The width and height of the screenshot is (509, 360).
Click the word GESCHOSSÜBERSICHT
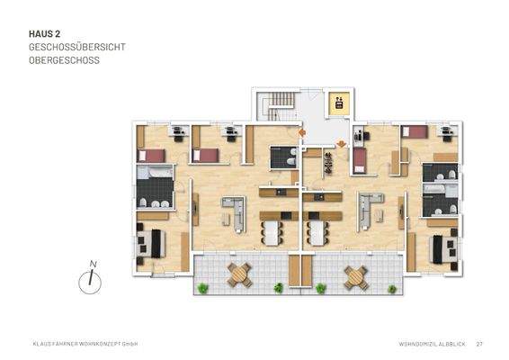point(76,49)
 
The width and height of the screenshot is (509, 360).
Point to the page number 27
point(480,343)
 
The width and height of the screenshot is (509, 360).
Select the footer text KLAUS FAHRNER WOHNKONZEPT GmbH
point(85,343)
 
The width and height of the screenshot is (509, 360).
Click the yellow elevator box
point(338,103)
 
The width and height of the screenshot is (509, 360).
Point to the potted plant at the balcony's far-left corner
point(203,288)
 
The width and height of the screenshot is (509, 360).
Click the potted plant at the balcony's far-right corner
point(392,288)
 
